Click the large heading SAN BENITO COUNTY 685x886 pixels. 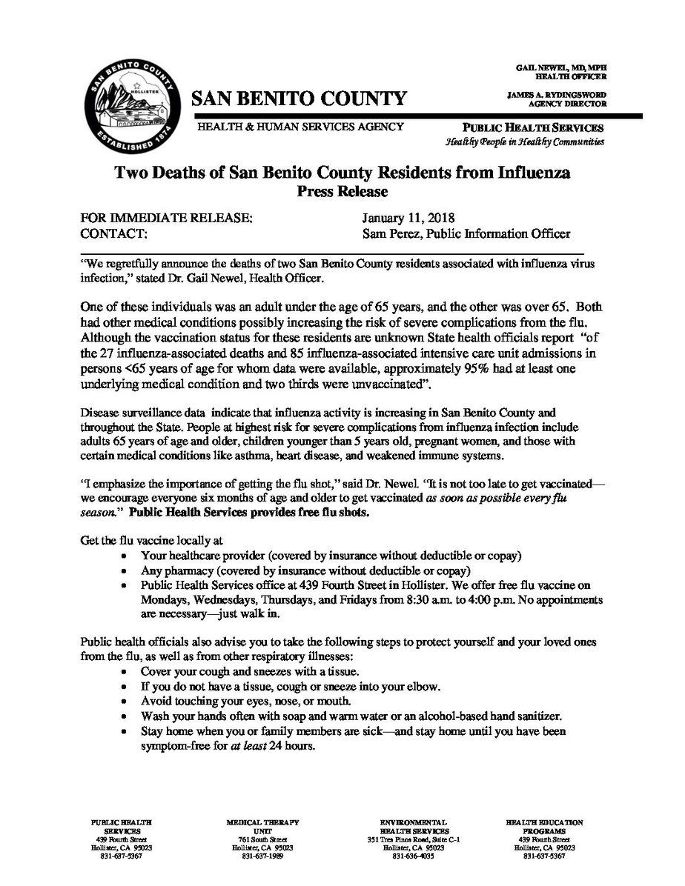coord(300,99)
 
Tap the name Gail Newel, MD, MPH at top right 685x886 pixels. coord(560,68)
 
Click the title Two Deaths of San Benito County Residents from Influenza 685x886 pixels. coord(342,176)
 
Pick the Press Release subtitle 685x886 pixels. coord(342,193)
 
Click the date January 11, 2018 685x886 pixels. coord(408,220)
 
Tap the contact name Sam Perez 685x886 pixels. coord(388,235)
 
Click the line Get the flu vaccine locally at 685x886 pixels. coord(152,542)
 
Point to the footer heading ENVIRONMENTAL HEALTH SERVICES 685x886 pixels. coord(414,827)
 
